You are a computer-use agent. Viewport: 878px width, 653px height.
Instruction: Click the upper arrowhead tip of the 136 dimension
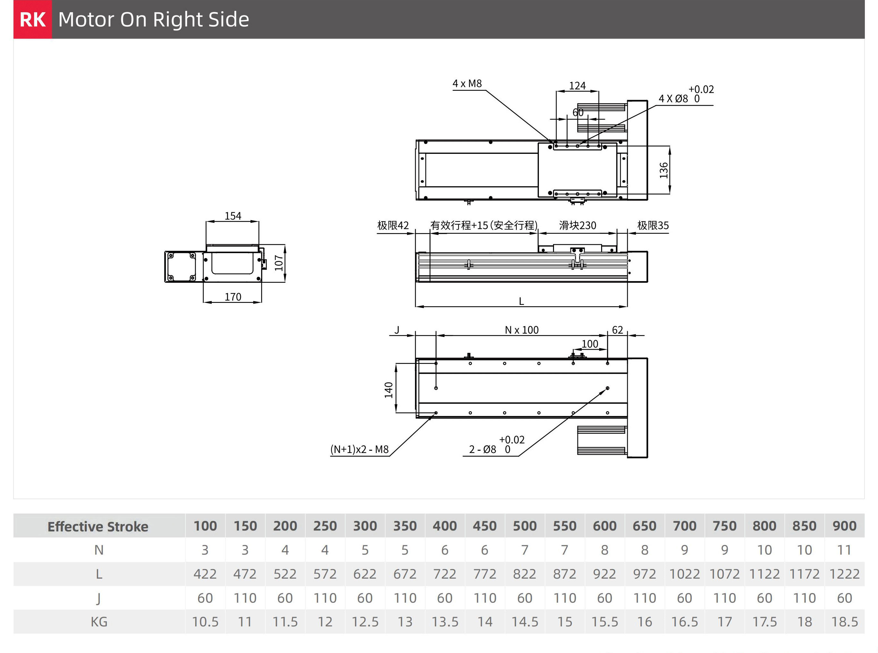[669, 146]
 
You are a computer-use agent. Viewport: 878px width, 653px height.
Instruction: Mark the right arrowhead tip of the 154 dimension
[259, 222]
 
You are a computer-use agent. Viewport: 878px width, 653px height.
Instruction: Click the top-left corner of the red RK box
[13, 0]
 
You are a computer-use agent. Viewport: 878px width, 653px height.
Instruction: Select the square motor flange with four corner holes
[182, 267]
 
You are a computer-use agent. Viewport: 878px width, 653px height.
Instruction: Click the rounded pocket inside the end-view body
[232, 263]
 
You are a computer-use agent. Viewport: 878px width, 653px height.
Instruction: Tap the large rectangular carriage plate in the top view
[577, 170]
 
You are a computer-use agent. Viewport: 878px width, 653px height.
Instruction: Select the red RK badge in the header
[33, 19]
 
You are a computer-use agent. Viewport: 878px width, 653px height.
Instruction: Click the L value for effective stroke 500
[524, 574]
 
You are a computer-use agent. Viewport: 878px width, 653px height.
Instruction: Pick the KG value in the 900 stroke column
[844, 622]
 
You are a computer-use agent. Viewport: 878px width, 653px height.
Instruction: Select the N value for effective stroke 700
[685, 550]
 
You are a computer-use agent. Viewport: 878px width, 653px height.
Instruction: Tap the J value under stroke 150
[245, 598]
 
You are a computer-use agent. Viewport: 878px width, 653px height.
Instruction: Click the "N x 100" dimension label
[522, 330]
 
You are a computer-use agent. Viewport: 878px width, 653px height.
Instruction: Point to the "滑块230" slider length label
[577, 225]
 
